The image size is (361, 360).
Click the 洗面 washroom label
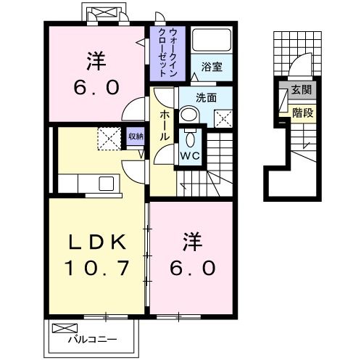[206, 97]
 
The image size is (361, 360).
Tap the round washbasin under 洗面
[188, 114]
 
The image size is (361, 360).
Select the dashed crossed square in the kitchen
[110, 137]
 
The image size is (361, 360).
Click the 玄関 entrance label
[301, 90]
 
